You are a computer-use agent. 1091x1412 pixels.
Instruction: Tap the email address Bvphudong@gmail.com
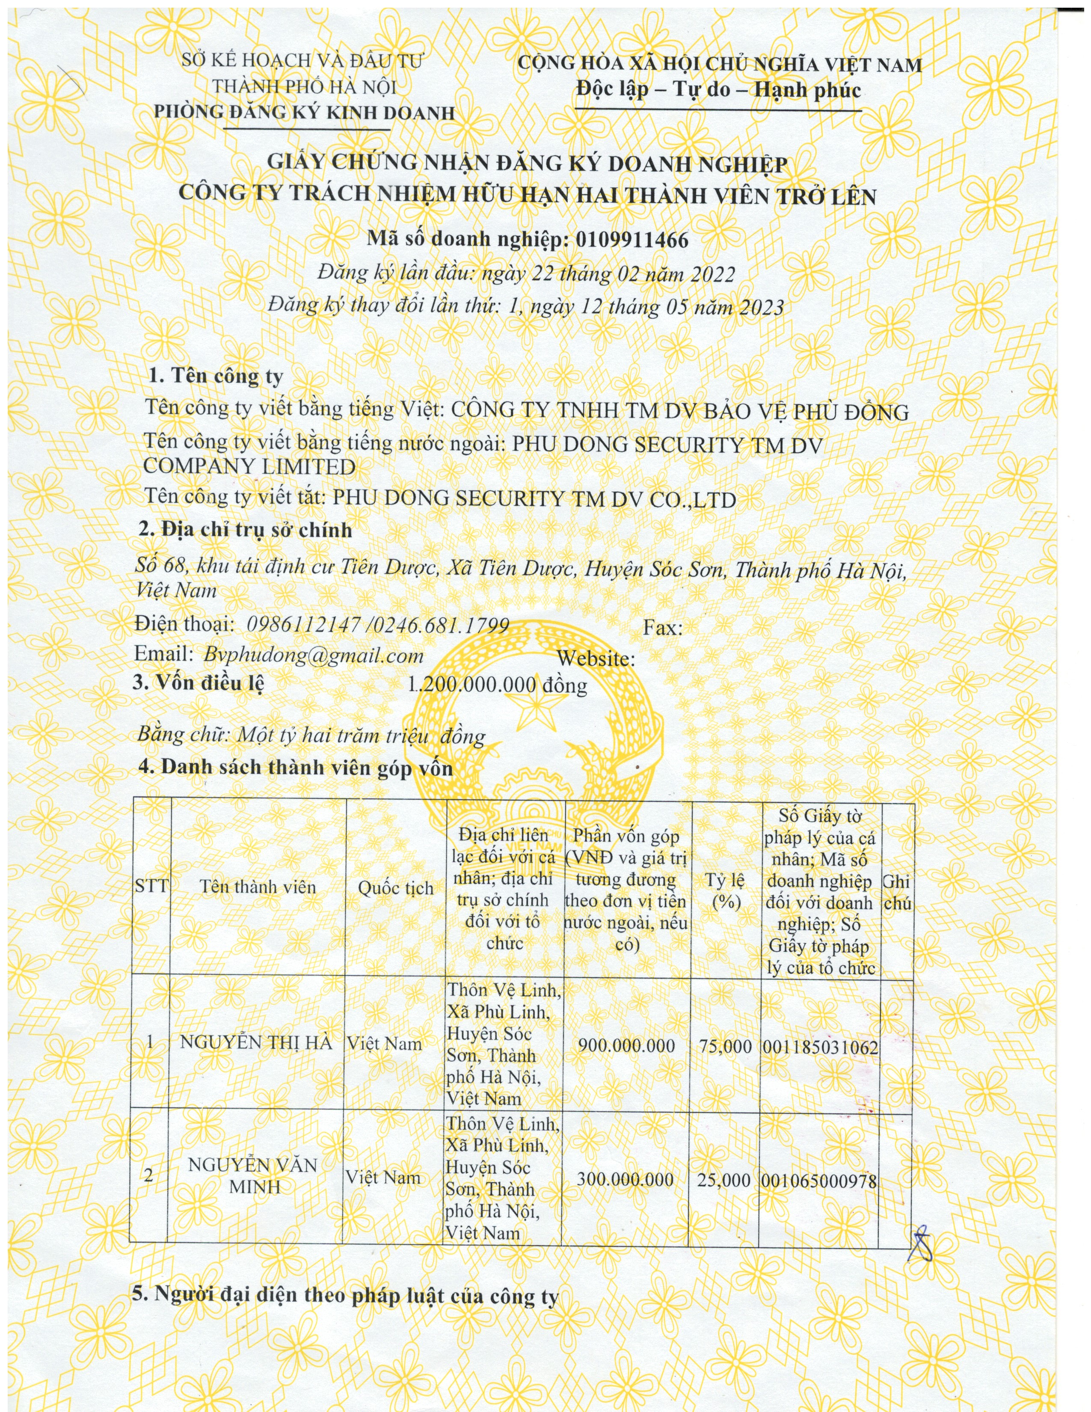tap(314, 655)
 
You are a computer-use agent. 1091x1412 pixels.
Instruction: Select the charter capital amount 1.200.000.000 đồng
tap(497, 684)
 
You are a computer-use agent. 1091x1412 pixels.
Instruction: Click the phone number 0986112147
tap(304, 625)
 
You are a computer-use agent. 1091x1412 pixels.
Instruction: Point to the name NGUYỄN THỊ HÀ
tap(256, 1043)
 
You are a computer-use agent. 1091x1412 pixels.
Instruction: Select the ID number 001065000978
tap(819, 1181)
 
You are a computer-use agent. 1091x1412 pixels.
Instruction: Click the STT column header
tap(151, 885)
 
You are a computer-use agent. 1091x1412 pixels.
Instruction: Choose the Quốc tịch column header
tap(396, 888)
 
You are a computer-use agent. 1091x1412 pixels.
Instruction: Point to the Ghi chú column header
tap(896, 892)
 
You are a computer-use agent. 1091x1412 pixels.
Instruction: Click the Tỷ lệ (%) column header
tap(726, 891)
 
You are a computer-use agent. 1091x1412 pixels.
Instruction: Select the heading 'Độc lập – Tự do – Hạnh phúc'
tap(719, 89)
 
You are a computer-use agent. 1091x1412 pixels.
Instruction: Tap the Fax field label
tap(662, 628)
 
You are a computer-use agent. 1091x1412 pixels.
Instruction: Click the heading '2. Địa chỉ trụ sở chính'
tap(246, 530)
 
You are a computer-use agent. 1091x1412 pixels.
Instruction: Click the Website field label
tap(595, 659)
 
